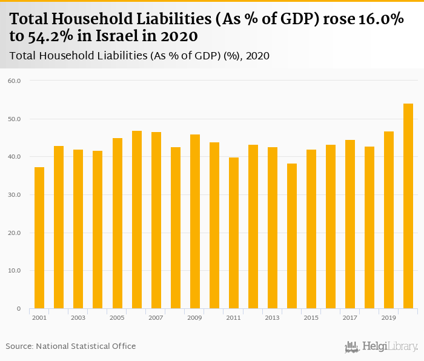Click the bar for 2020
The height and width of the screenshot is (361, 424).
408,206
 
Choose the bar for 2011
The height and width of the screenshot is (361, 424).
234,233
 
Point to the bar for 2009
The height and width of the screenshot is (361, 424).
194,222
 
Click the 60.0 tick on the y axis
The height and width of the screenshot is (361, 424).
15,81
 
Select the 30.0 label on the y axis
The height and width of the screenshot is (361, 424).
15,195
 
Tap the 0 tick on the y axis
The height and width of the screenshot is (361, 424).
19,309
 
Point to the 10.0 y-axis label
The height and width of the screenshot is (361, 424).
15,271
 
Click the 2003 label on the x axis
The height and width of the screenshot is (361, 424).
78,317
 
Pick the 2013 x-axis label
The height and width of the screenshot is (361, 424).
273,317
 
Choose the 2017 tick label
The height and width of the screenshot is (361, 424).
350,317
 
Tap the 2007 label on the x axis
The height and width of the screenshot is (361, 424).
156,317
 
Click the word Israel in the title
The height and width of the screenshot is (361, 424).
115,37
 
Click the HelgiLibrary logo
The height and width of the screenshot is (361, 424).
382,346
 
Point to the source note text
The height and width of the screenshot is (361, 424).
71,346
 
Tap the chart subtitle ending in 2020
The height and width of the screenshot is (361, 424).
140,56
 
